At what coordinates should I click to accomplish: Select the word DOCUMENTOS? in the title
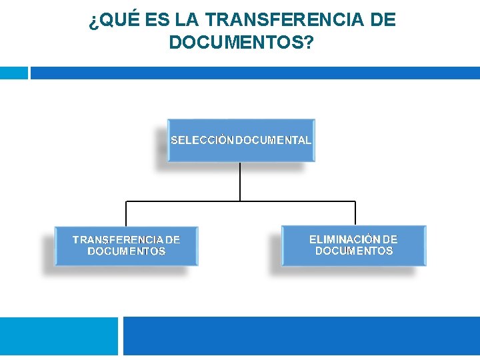coord(242,42)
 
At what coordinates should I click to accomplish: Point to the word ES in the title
coord(157,21)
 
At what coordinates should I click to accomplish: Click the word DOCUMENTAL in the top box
coord(273,141)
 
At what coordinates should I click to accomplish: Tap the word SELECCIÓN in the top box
coord(203,141)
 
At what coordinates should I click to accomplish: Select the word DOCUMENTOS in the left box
coord(127,251)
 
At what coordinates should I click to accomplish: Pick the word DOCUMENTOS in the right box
coord(354,251)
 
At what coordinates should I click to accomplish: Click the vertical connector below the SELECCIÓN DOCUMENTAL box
coord(240,181)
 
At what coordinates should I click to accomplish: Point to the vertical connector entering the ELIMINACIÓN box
coord(355,213)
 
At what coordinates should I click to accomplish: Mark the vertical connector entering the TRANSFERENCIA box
coord(126,213)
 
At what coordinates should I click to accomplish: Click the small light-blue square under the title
coord(13,73)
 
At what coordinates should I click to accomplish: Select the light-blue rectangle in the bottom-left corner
coord(59,336)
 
